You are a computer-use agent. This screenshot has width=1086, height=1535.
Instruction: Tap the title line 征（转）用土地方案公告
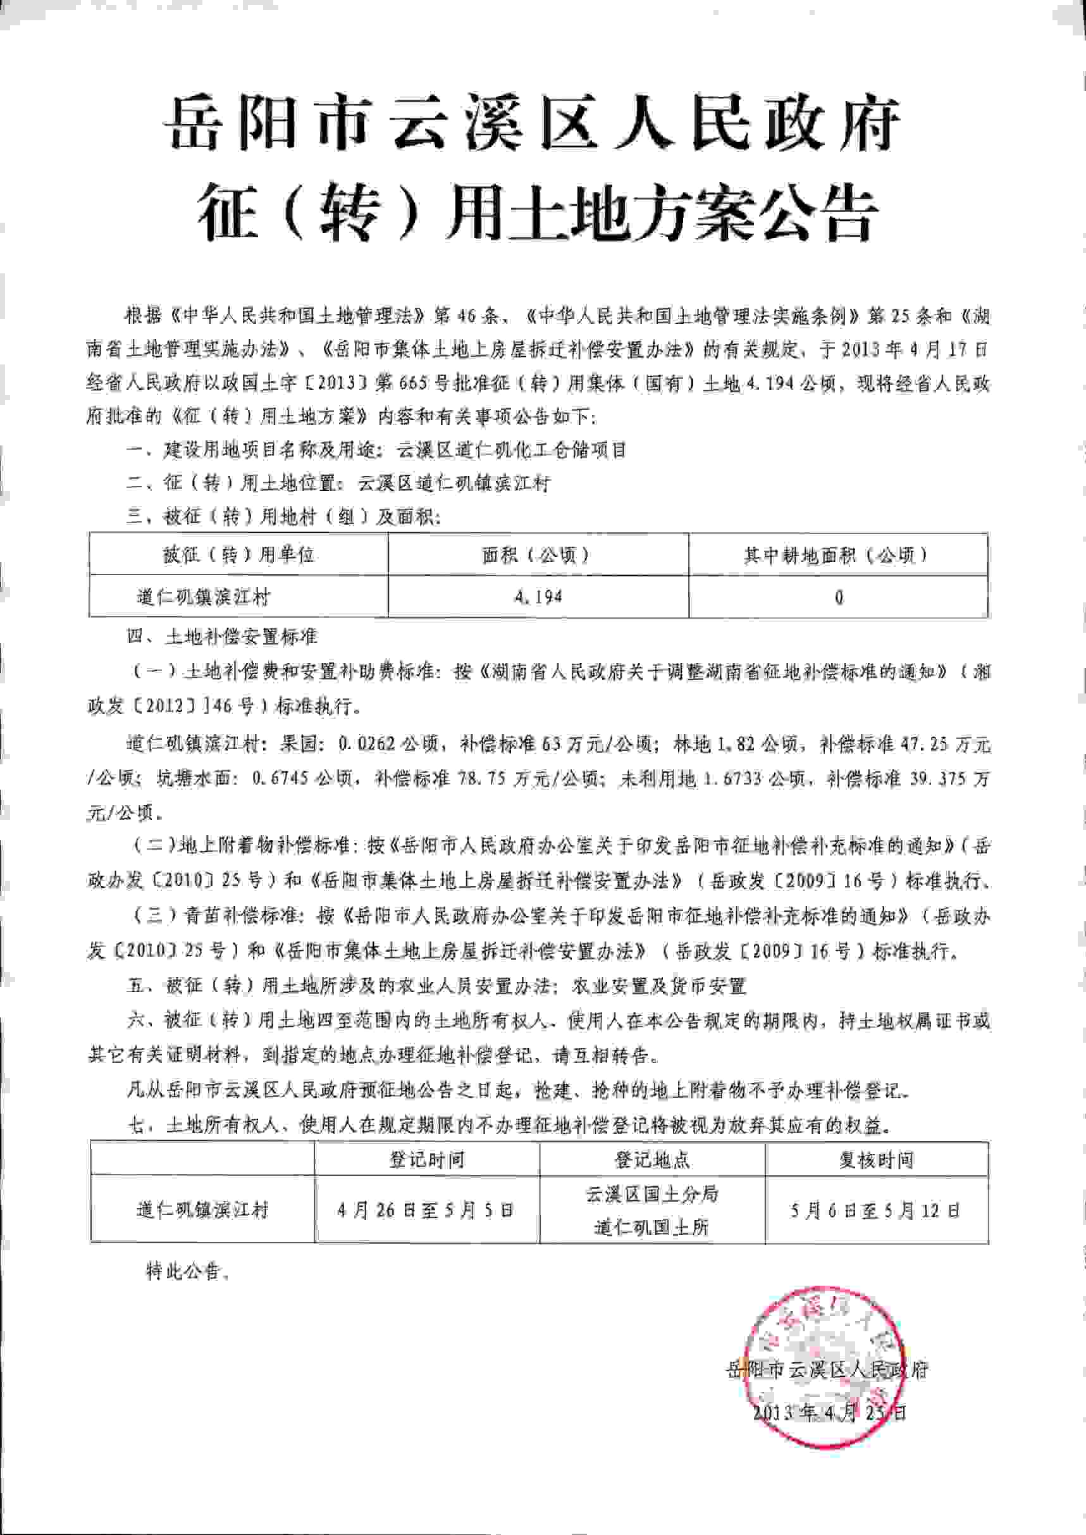[x=535, y=213]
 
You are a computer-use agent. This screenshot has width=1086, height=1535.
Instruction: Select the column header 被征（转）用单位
[x=238, y=554]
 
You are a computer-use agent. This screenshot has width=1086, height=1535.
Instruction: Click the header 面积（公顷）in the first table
[x=538, y=554]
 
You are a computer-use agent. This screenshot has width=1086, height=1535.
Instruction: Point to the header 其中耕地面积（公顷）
[x=838, y=554]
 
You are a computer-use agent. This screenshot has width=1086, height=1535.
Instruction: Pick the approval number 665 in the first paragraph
[x=415, y=384]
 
